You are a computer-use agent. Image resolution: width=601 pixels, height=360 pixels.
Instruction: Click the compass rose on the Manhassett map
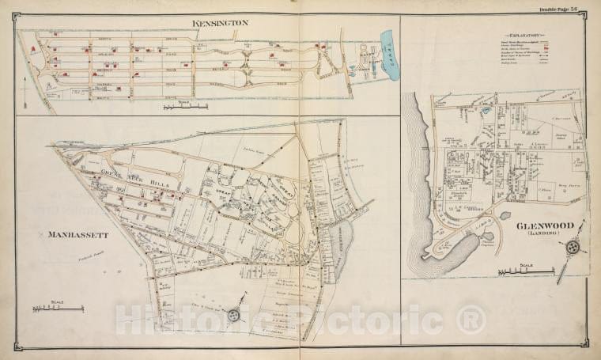tap(233, 314)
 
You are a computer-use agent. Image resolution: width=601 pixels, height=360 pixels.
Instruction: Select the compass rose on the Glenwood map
tap(571, 248)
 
